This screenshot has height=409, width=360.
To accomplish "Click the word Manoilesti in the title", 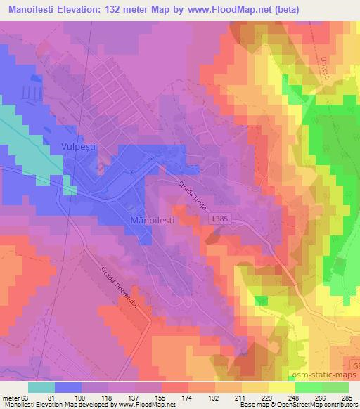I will [38, 8].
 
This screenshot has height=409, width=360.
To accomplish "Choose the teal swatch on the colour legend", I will [41, 387].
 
